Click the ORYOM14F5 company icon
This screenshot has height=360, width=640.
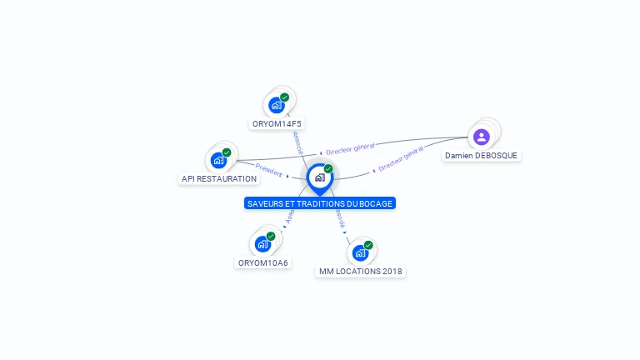click(x=276, y=106)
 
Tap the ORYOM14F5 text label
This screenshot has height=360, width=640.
click(x=277, y=124)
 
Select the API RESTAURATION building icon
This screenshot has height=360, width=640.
click(x=218, y=160)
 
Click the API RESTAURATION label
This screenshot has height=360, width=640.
click(x=219, y=178)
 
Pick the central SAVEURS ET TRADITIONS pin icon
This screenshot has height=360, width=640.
click(x=319, y=177)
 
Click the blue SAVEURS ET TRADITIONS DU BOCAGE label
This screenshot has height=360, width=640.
click(x=320, y=203)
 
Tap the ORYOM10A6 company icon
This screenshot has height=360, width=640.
click(x=262, y=244)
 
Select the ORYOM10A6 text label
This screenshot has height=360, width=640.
click(x=263, y=263)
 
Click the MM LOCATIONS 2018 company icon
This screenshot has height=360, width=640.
click(x=360, y=252)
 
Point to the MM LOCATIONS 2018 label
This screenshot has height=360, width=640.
click(x=362, y=272)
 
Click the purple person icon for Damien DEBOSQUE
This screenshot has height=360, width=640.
click(x=481, y=137)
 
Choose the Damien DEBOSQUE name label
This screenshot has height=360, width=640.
click(x=481, y=156)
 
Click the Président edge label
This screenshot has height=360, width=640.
click(x=270, y=169)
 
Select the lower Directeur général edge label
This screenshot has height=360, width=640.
click(x=400, y=159)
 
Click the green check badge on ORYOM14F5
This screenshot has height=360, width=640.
click(x=284, y=97)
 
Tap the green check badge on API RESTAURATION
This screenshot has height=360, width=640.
click(x=227, y=152)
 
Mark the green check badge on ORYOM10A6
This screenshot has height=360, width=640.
click(x=271, y=237)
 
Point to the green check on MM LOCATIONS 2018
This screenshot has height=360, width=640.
click(x=368, y=245)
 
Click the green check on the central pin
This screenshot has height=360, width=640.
click(x=328, y=169)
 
